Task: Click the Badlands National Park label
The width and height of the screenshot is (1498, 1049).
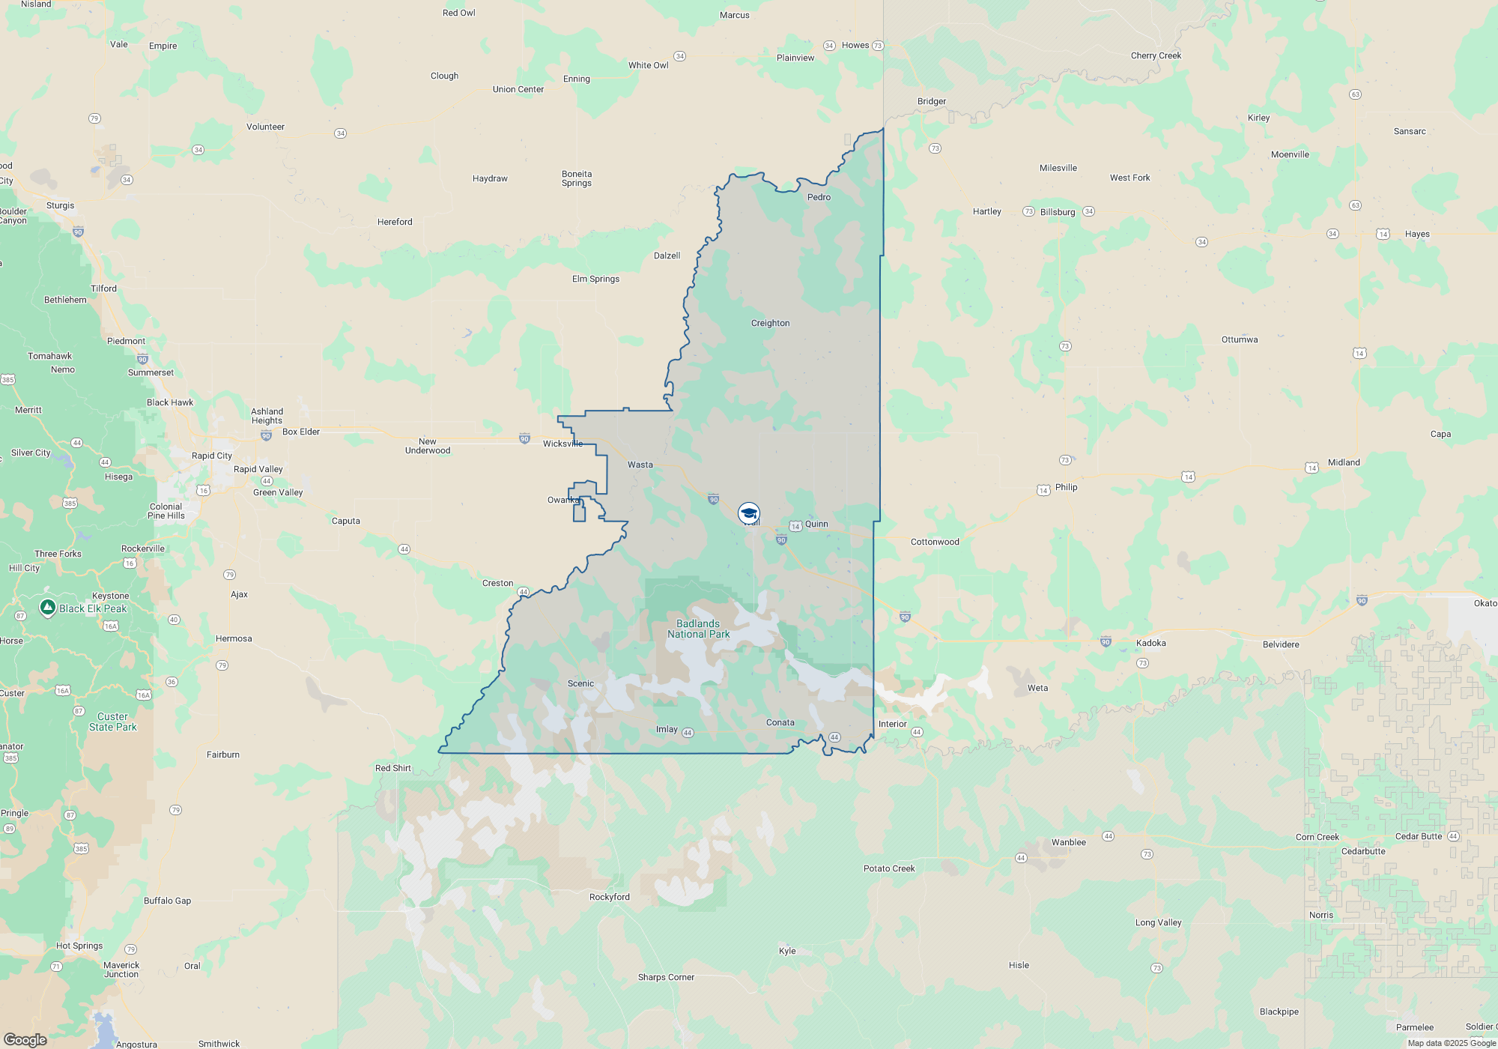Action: [698, 629]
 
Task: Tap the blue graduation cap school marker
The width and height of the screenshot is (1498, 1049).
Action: [748, 513]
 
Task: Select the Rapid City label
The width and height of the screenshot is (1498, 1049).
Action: [212, 456]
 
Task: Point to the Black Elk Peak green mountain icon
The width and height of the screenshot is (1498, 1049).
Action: [48, 607]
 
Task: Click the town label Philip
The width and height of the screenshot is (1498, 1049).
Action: [1066, 487]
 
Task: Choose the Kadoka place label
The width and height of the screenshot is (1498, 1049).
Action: [1150, 643]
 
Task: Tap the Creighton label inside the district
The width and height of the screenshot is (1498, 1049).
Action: [770, 323]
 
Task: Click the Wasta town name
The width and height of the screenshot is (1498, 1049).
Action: [640, 465]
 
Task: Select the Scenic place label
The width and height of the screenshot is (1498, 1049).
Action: [580, 683]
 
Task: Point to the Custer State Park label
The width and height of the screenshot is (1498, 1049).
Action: [113, 722]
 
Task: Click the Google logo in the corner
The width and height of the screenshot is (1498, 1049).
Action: [25, 1039]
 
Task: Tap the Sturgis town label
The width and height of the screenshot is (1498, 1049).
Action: [60, 205]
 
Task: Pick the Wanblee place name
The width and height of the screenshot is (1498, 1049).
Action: [1068, 842]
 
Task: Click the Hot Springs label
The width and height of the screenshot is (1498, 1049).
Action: [79, 946]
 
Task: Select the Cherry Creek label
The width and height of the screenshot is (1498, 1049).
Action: [1156, 55]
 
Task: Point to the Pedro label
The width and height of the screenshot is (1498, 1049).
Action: [819, 197]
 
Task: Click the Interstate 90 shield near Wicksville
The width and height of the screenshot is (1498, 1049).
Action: [524, 439]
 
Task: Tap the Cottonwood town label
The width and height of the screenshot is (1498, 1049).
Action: [935, 542]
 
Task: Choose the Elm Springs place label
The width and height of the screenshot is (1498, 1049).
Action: [595, 279]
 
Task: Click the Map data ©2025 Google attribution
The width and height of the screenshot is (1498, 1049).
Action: [1451, 1043]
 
